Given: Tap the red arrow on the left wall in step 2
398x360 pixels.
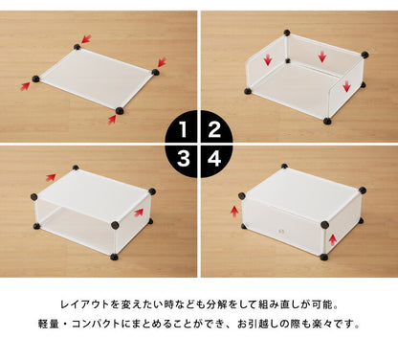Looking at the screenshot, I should pyautogui.click(x=268, y=60).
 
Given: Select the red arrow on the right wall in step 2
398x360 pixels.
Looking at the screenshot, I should pyautogui.click(x=346, y=87).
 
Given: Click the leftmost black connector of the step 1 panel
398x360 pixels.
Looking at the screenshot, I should pyautogui.click(x=36, y=78).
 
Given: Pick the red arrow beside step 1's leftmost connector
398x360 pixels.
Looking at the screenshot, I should pyautogui.click(x=26, y=85).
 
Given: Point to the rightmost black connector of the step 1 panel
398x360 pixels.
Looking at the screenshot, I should pyautogui.click(x=156, y=70).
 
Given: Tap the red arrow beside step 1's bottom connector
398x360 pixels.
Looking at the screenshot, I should pyautogui.click(x=112, y=120).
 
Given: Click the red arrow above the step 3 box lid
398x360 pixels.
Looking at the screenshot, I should pyautogui.click(x=50, y=177).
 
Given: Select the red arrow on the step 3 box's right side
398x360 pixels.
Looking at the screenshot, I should pyautogui.click(x=140, y=213).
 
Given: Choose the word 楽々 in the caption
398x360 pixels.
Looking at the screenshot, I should pyautogui.click(x=332, y=324).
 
